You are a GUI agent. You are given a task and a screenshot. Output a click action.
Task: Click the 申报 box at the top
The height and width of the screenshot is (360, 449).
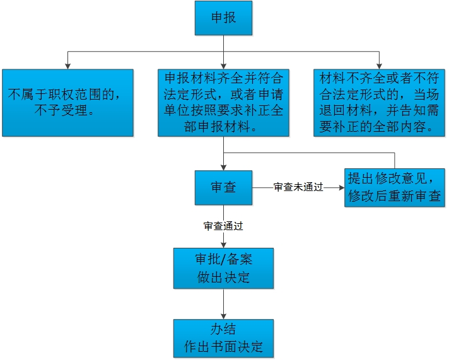pos(223,18)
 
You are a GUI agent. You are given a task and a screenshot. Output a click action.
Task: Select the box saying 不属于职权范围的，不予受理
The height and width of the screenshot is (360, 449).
pos(67,103)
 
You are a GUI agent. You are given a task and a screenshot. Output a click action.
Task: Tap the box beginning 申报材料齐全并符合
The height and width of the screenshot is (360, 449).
pos(223,103)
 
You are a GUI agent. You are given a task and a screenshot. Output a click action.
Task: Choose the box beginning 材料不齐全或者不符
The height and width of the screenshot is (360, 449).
pos(379,103)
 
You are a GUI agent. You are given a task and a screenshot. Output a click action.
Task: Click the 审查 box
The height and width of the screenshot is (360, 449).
pos(223,187)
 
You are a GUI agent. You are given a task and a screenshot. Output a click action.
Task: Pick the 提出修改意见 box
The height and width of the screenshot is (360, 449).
pos(395,187)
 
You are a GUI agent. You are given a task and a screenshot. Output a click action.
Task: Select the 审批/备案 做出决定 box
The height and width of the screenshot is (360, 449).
pos(223,267)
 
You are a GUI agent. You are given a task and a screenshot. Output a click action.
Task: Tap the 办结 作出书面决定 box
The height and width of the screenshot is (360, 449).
pos(223,338)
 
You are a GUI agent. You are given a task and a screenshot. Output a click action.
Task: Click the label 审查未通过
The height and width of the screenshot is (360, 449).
pos(298,188)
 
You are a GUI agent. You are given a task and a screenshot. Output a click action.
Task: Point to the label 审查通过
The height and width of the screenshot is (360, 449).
pos(223,225)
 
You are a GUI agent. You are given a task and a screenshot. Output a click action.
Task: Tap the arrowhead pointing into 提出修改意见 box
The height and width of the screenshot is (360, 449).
pos(341,187)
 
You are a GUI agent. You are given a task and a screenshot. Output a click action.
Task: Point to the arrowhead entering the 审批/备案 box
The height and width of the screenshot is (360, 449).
pos(223,244)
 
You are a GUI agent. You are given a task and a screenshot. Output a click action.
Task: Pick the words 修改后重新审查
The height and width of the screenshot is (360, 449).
pos(395,196)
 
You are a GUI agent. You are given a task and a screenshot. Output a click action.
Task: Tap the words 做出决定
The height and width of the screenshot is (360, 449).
pos(223,277)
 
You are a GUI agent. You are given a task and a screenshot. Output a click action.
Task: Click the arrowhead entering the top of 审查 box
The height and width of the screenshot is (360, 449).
pos(223,167)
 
